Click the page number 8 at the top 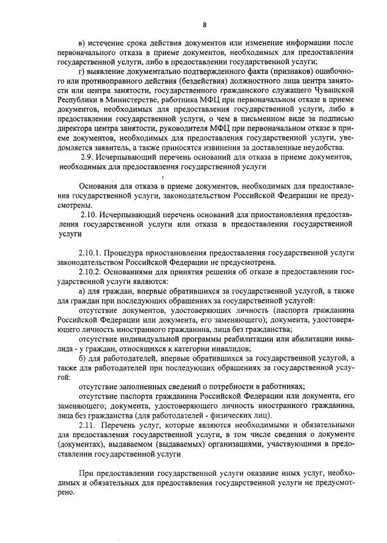point(205,25)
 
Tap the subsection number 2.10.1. point(91,252)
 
